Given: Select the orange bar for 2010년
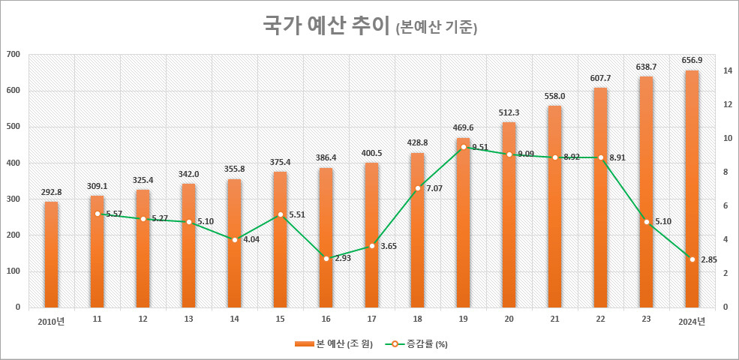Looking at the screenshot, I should tap(51, 255).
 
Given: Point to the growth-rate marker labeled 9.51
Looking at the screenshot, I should tap(463, 147).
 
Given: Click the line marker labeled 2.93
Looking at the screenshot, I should tap(326, 258).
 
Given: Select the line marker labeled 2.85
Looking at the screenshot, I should tap(692, 259).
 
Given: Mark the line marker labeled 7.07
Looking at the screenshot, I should tap(417, 188).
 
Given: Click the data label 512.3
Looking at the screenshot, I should tap(509, 113).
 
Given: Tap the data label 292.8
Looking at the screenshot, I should tap(51, 193).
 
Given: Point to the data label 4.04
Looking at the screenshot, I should tap(250, 240).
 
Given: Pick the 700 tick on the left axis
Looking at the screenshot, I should tap(13, 55).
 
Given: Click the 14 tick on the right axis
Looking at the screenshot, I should tap(727, 71).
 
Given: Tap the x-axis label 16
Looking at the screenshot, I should tap(326, 319).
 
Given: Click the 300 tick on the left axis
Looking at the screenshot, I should tap(13, 199).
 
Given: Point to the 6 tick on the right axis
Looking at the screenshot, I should tap(725, 206).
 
